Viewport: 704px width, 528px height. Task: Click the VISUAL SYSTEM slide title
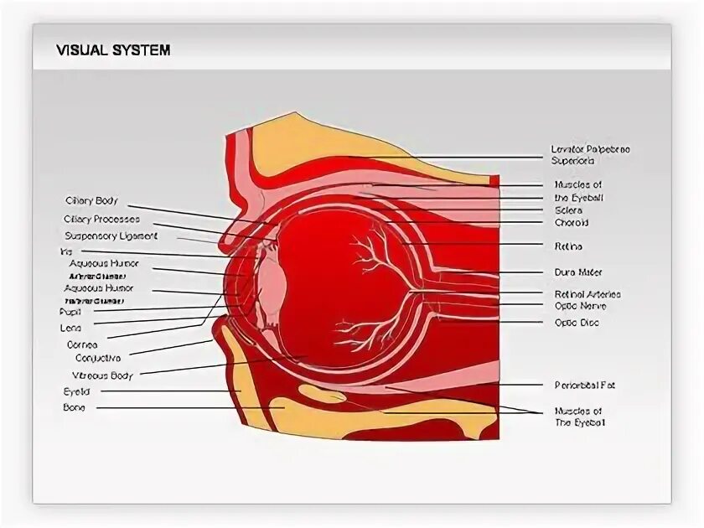click(x=113, y=50)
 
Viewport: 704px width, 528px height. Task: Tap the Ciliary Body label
click(x=91, y=201)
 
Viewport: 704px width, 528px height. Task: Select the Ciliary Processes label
click(x=101, y=219)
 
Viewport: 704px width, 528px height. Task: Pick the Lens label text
click(x=70, y=328)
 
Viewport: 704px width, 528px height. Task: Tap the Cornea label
click(x=82, y=344)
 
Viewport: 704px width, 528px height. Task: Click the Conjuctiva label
click(x=98, y=359)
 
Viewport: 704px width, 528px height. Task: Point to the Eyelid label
click(x=76, y=391)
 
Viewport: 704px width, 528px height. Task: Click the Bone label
click(x=74, y=408)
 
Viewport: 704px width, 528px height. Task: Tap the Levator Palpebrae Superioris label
click(x=590, y=154)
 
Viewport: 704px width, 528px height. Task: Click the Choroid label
click(x=572, y=224)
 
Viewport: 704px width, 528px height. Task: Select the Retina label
click(x=568, y=247)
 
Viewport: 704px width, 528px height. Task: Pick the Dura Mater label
click(x=578, y=272)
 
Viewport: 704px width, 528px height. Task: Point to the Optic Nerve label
click(x=580, y=307)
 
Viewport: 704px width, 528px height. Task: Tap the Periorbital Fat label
click(x=584, y=386)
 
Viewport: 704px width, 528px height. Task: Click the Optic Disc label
click(x=577, y=323)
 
